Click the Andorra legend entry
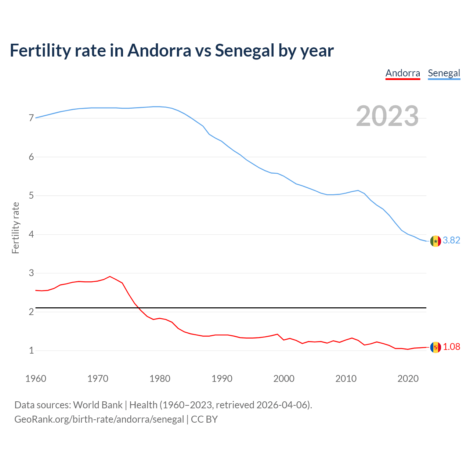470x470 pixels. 402,73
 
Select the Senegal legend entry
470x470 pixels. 444,73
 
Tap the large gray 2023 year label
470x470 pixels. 387,116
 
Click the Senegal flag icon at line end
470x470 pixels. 435,241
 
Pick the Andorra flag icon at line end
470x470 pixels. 435,347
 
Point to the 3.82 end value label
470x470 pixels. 451,240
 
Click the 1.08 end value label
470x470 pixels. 451,347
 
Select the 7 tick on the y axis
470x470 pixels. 31,118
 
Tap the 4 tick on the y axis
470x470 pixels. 31,234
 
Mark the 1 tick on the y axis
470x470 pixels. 31,351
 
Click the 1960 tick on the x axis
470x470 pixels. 36,379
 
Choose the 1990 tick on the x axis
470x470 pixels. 222,379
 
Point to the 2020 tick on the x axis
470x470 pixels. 408,379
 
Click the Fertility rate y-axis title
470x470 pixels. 15,228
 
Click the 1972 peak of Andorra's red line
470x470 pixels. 110,276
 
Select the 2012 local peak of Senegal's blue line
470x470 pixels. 358,190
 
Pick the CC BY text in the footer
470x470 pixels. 204,419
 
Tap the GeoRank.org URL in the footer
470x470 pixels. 99,419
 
